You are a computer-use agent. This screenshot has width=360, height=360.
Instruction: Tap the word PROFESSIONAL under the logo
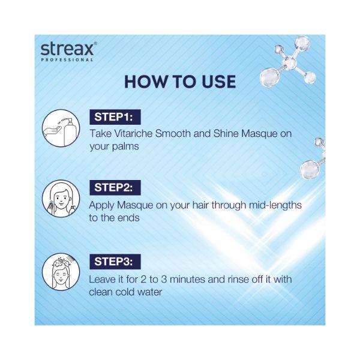pyautogui.click(x=67, y=59)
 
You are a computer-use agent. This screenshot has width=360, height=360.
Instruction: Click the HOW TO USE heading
pyautogui.click(x=180, y=82)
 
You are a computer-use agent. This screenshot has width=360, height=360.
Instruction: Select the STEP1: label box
pyautogui.click(x=115, y=116)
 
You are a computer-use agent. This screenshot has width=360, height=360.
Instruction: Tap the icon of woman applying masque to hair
pyautogui.click(x=61, y=199)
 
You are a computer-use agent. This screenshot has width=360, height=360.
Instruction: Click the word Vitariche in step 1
pyautogui.click(x=130, y=133)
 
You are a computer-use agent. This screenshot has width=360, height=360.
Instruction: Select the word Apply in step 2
pyautogui.click(x=101, y=205)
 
